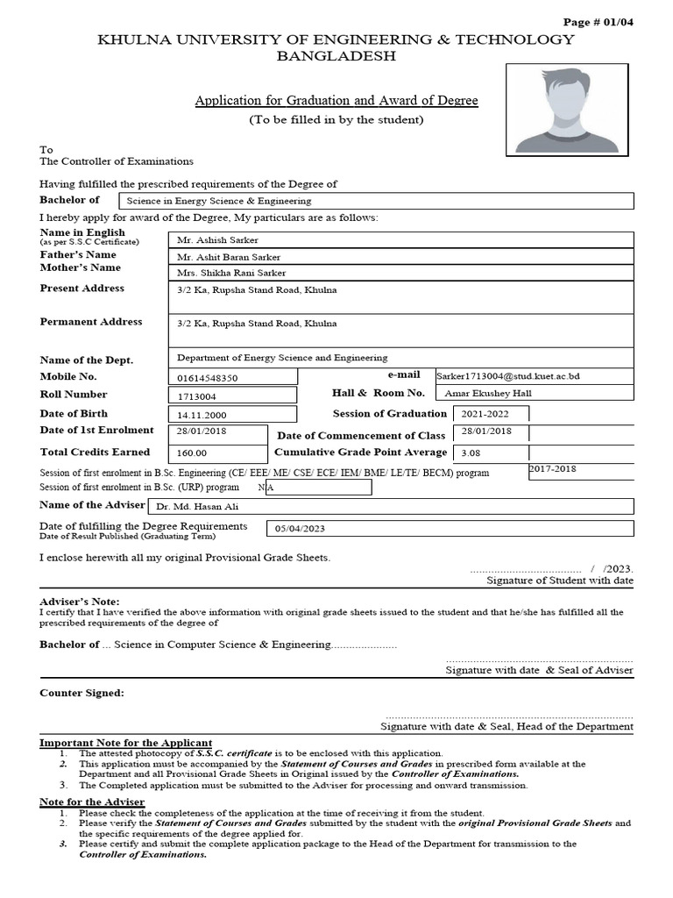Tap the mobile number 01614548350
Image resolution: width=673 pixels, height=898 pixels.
coord(207,378)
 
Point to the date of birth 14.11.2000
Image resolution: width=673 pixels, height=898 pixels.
coord(202,416)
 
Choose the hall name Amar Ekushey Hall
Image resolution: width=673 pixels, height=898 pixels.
coord(488,394)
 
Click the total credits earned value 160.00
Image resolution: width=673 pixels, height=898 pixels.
coord(192,453)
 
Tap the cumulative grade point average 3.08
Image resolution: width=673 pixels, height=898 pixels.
coord(471,453)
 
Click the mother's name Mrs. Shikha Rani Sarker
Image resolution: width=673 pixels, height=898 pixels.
coord(231,273)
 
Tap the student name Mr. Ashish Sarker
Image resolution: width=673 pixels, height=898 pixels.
coord(217,239)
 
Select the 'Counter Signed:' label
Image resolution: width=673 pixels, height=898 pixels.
coord(82,693)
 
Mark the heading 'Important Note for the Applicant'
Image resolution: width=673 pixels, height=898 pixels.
coord(126,743)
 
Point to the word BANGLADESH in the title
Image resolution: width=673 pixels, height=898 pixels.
coord(336,56)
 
